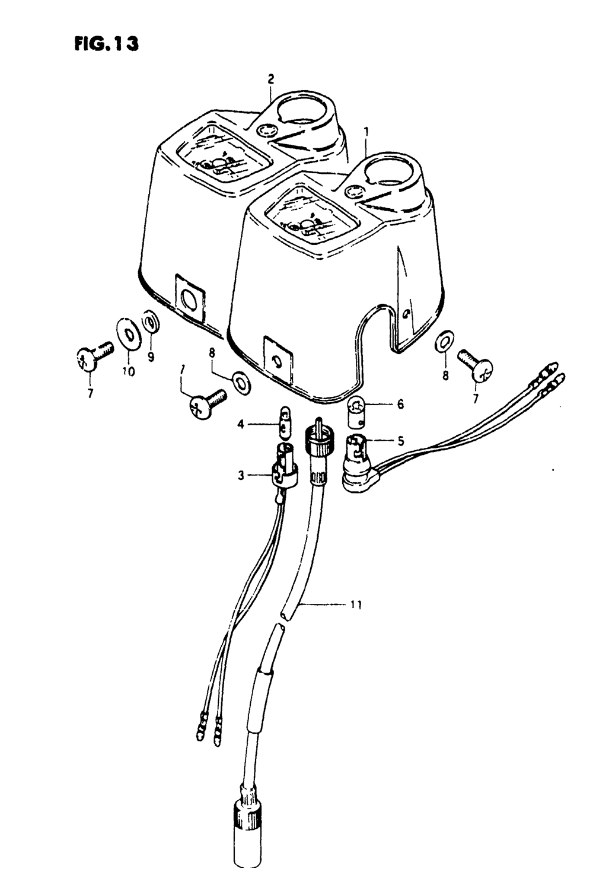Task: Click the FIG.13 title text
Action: click(106, 44)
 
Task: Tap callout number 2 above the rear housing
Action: click(271, 79)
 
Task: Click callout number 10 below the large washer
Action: click(129, 371)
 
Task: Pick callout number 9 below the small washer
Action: click(151, 356)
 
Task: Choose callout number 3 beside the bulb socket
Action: click(241, 475)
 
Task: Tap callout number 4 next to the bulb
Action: click(241, 424)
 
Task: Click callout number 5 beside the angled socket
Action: click(401, 441)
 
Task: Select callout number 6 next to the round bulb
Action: click(400, 404)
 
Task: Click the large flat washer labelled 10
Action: click(129, 333)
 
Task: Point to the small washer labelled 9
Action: click(151, 322)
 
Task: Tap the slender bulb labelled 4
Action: click(284, 424)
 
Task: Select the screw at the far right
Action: click(475, 365)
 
